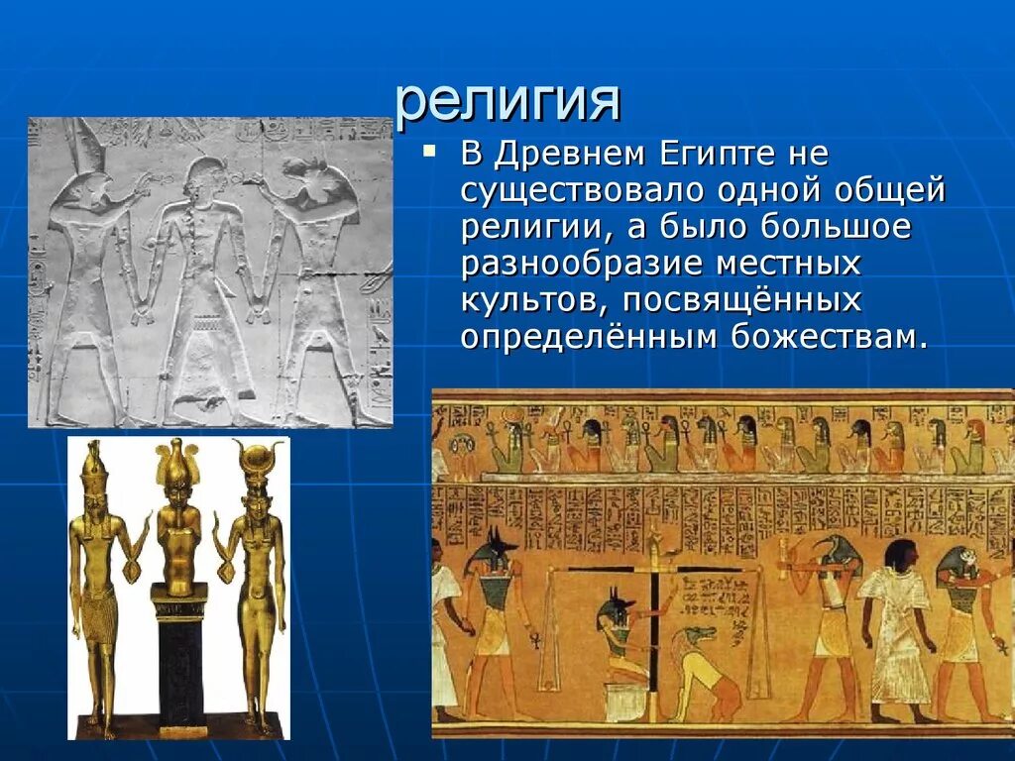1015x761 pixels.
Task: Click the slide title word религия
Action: tap(507, 100)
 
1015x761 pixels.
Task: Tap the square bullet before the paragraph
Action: tap(428, 152)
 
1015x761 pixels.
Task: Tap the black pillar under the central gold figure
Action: tap(178, 664)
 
